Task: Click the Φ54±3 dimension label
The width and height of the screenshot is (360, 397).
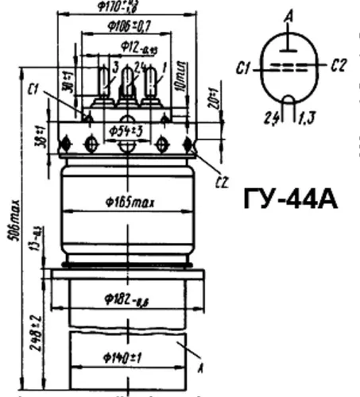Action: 127,129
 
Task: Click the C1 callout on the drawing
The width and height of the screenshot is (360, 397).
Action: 33,89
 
